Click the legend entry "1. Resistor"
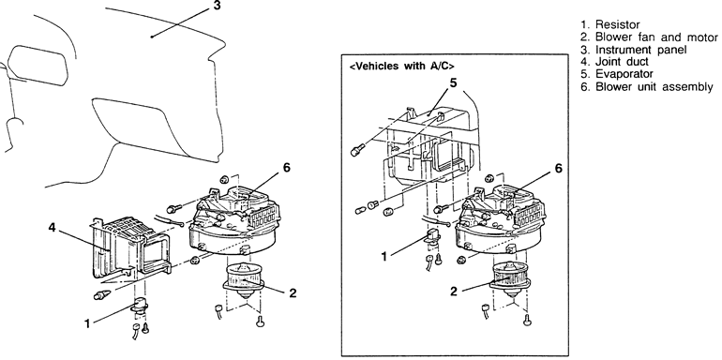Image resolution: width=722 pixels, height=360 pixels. click(x=610, y=24)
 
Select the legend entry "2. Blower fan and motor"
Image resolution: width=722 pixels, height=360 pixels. click(x=649, y=37)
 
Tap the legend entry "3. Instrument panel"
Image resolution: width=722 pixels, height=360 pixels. click(x=634, y=50)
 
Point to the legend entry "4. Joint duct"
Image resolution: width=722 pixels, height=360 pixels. click(x=615, y=62)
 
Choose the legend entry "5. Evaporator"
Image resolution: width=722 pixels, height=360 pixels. click(x=617, y=74)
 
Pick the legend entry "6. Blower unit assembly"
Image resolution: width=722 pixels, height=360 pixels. click(x=647, y=86)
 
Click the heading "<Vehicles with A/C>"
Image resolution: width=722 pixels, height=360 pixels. click(x=399, y=66)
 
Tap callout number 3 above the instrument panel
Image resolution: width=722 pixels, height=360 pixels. click(x=217, y=6)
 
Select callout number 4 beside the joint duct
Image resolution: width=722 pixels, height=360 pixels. click(x=52, y=228)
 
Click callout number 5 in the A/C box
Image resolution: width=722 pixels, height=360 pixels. click(x=454, y=82)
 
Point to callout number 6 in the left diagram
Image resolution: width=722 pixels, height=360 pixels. click(x=286, y=168)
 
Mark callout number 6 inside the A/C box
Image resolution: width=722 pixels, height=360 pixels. click(x=559, y=169)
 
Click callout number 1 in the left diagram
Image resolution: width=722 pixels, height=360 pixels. click(x=87, y=323)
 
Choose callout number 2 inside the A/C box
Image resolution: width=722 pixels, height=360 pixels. click(x=454, y=292)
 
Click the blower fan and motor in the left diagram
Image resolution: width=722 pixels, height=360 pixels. click(x=244, y=279)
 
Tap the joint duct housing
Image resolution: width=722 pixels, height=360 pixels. click(x=130, y=248)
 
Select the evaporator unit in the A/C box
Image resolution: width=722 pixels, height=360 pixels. click(x=429, y=142)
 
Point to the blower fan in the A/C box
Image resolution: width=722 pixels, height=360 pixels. click(x=512, y=279)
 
